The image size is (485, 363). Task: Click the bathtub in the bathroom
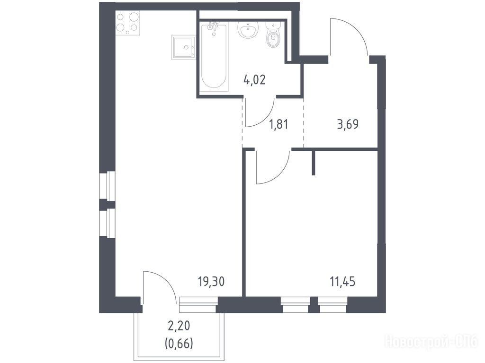214,56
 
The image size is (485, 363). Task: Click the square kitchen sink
183,47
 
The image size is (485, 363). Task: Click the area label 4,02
254,80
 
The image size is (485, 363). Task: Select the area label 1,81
278,124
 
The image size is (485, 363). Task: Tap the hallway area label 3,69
348,124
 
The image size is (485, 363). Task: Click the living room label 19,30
211,282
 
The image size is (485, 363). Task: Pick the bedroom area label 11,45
342,282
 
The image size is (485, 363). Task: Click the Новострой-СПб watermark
431,342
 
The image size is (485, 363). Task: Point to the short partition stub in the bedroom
314,163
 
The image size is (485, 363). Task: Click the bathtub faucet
213,26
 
